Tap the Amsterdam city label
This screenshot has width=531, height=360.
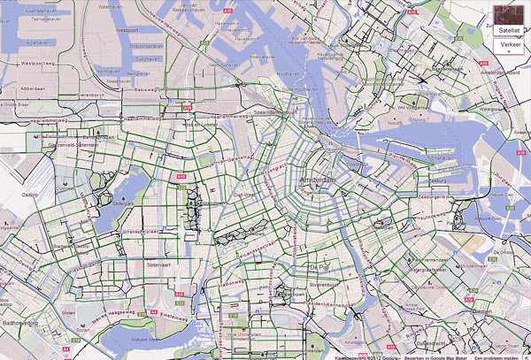(x=320, y=180)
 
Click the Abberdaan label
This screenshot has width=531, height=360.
(x=34, y=88)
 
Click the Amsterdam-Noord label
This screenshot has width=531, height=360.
(x=500, y=73)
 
